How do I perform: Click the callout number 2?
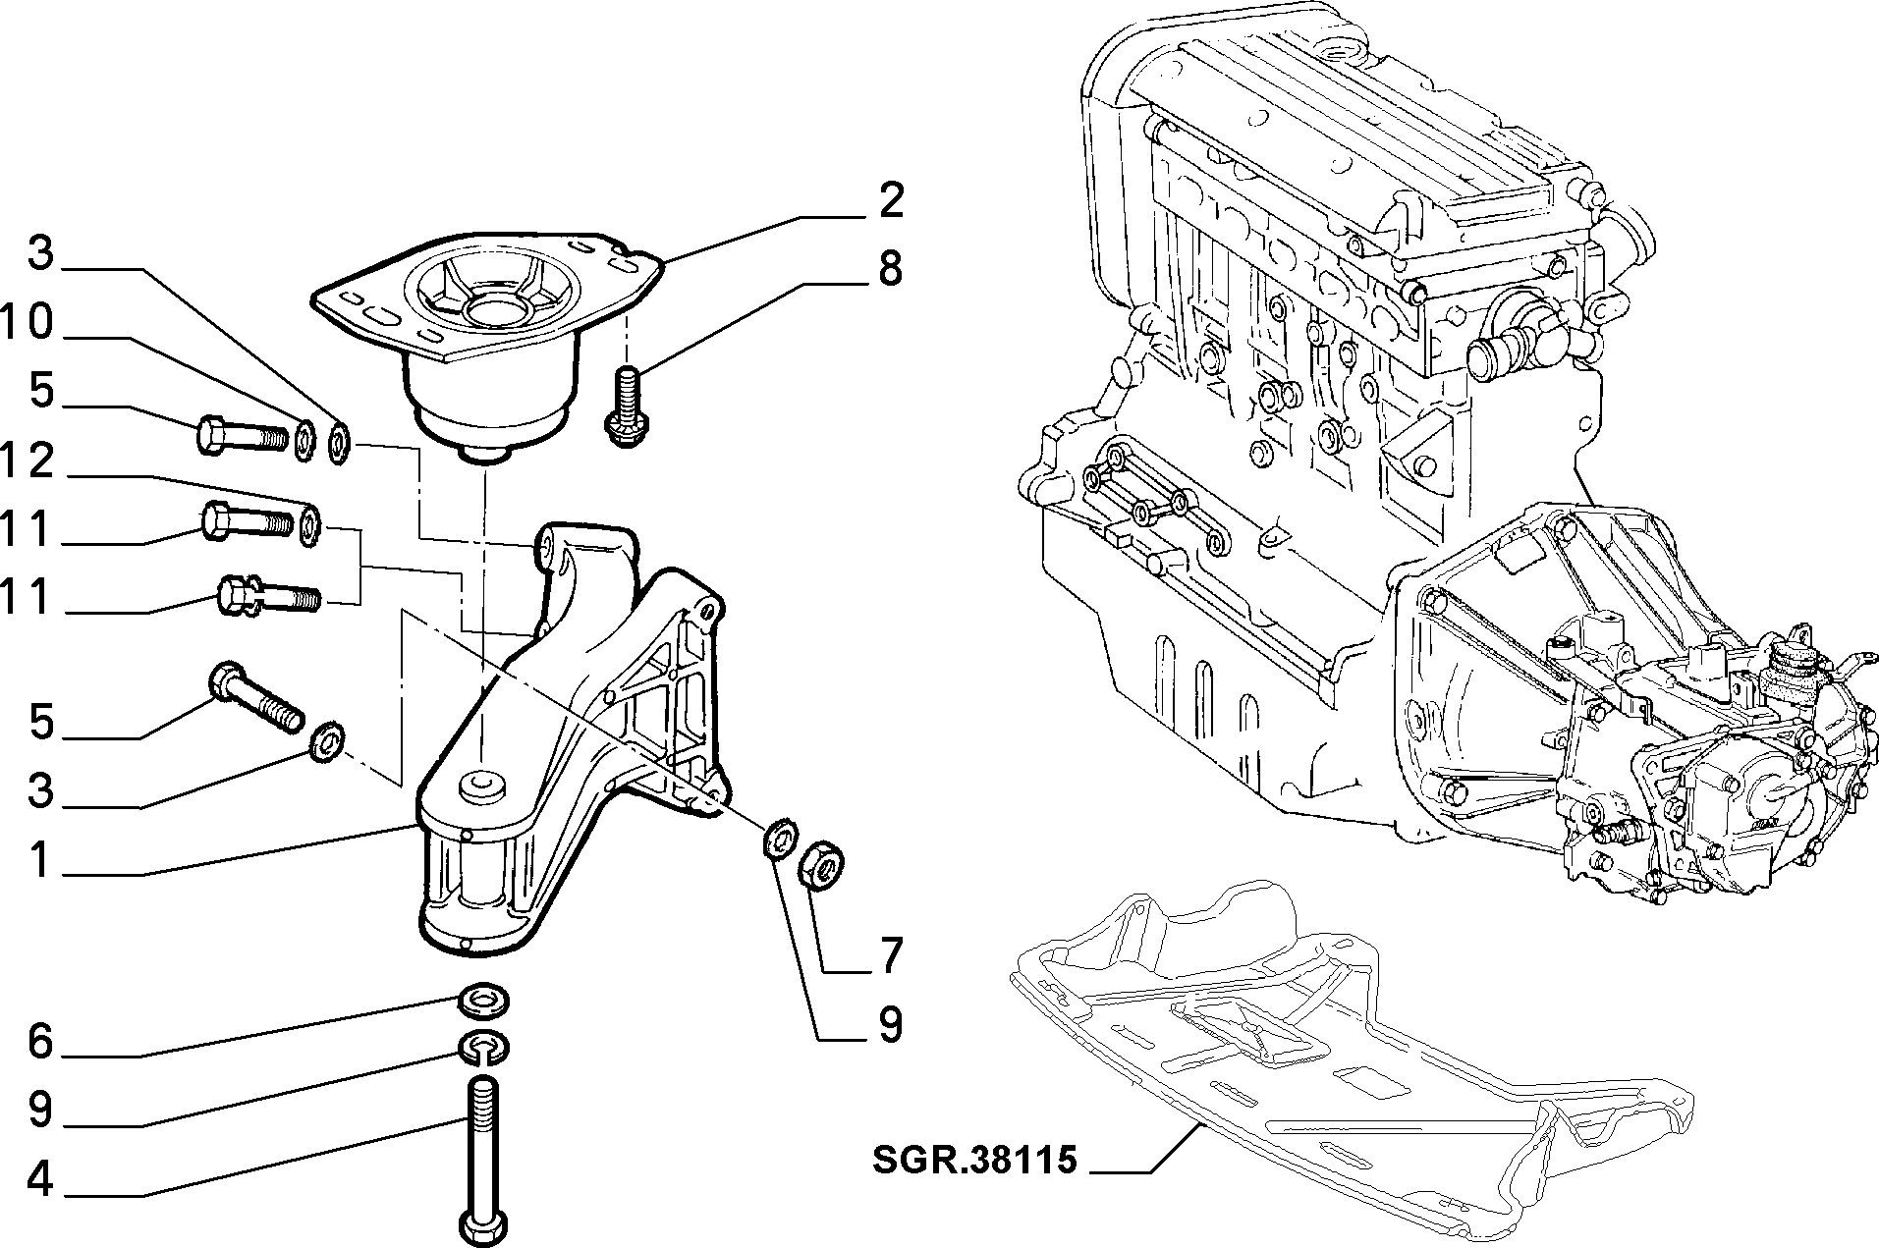click(x=890, y=200)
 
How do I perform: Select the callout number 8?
click(x=890, y=268)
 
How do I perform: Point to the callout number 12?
click(x=27, y=461)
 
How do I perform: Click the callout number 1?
click(x=39, y=860)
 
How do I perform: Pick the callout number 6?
click(x=39, y=1041)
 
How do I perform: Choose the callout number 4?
click(x=39, y=1179)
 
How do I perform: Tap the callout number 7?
click(x=890, y=955)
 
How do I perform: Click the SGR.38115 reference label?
click(x=974, y=1161)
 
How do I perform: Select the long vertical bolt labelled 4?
click(x=482, y=1163)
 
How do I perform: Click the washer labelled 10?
click(x=304, y=440)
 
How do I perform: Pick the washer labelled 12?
click(x=309, y=526)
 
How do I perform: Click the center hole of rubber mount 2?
click(x=485, y=311)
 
